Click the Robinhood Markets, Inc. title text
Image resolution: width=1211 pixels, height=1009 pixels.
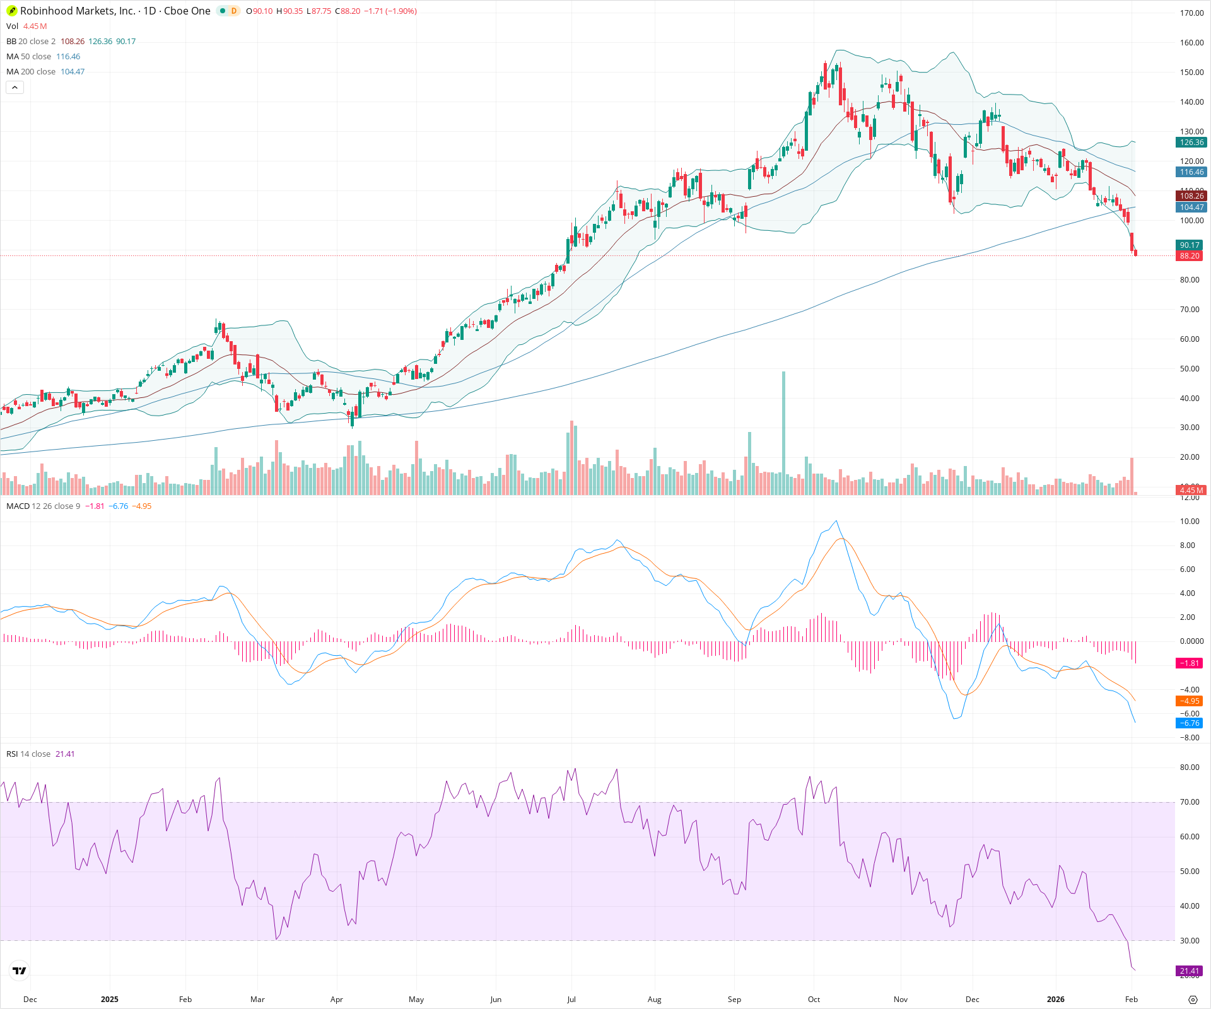(78, 11)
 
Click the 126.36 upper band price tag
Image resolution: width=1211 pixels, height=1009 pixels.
(1191, 143)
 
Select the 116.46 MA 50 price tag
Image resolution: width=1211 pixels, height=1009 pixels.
(1191, 172)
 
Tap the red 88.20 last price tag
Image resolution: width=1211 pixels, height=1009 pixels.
(1190, 255)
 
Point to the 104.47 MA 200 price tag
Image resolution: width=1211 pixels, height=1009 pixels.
(1191, 207)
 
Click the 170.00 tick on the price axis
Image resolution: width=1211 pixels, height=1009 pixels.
(1191, 13)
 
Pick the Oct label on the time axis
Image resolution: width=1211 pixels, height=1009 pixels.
(814, 999)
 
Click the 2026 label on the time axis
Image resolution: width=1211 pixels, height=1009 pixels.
(1055, 999)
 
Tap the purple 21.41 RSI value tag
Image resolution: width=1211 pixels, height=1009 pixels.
(1190, 971)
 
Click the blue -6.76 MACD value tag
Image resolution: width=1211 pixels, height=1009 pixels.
(1190, 723)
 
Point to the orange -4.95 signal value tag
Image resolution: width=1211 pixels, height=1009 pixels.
(1190, 701)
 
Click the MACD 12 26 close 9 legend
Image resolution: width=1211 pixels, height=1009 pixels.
(43, 506)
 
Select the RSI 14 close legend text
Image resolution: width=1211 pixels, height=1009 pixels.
(28, 754)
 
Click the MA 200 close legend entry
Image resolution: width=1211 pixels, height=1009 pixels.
(31, 71)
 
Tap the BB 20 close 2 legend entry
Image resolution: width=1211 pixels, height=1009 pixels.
(31, 41)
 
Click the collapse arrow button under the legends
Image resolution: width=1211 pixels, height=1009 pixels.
(15, 88)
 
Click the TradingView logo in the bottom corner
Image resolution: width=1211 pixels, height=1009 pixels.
(20, 971)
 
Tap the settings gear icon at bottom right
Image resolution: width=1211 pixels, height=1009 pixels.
(1193, 1000)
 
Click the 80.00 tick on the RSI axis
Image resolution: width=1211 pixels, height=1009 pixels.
(1190, 767)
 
